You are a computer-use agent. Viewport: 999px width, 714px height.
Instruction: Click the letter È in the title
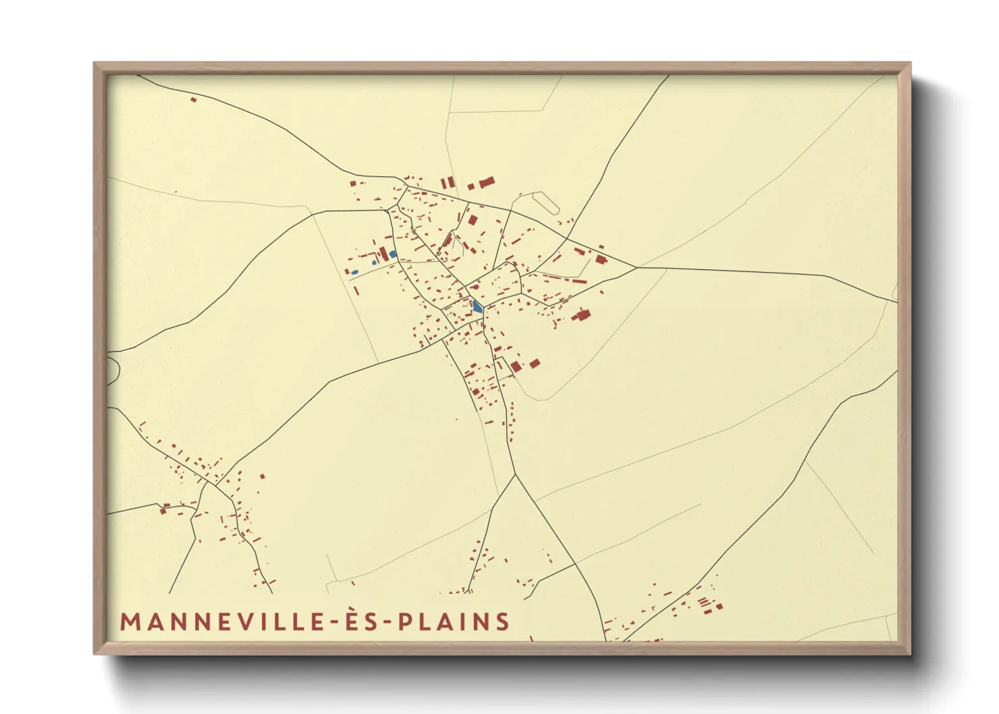pyautogui.click(x=348, y=621)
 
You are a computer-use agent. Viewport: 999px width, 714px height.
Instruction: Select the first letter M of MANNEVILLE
pyautogui.click(x=128, y=622)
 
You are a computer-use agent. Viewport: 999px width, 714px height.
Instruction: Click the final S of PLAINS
pyautogui.click(x=502, y=622)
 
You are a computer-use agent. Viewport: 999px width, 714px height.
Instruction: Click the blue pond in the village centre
pyautogui.click(x=477, y=307)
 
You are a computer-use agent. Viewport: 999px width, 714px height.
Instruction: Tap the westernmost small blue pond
pyautogui.click(x=354, y=272)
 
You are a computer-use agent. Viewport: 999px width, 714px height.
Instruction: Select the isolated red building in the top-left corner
pyautogui.click(x=193, y=100)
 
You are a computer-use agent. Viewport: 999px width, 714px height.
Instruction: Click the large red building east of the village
pyautogui.click(x=582, y=314)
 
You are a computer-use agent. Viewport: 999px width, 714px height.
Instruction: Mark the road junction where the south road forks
pyautogui.click(x=515, y=474)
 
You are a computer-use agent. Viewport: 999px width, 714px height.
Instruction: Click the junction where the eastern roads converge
pyautogui.click(x=636, y=267)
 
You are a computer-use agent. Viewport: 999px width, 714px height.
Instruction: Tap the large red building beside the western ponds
pyautogui.click(x=384, y=254)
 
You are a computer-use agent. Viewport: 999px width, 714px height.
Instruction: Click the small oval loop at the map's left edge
pyautogui.click(x=112, y=369)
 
